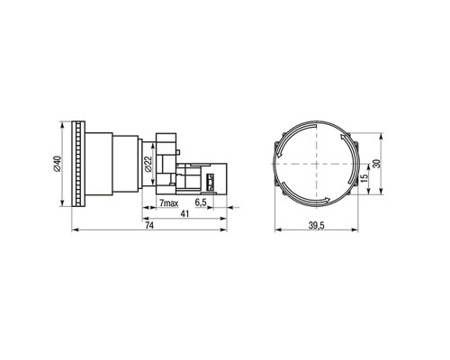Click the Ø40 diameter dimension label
[58, 164]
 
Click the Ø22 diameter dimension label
[148, 165]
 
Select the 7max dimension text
[168, 203]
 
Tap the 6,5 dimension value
[201, 202]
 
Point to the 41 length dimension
[184, 214]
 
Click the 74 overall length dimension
[149, 226]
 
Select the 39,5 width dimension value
[317, 226]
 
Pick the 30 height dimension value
[376, 164]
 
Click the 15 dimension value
[364, 178]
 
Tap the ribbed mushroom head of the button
[78, 164]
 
